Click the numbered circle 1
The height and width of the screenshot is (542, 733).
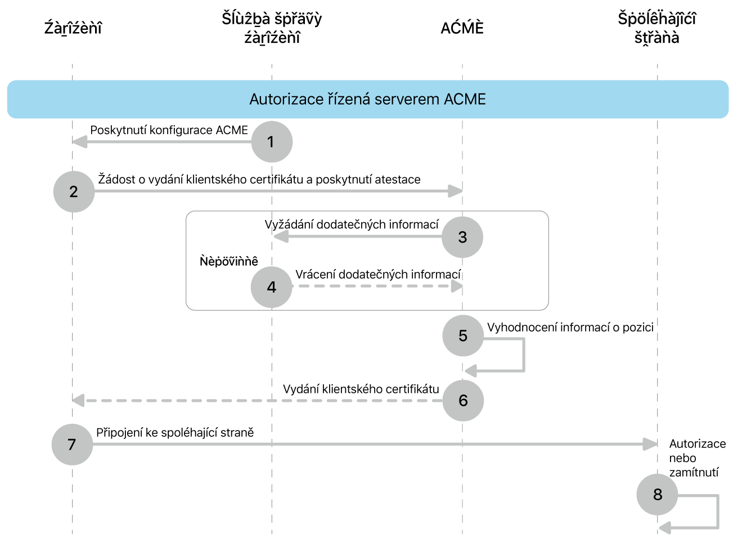pos(272,141)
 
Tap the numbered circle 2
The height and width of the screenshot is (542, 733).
pos(74,191)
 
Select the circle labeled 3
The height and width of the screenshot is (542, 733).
pos(462,237)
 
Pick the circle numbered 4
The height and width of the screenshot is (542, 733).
pos(272,287)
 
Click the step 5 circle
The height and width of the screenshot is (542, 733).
pos(463,335)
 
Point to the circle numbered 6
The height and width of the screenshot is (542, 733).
pos(463,400)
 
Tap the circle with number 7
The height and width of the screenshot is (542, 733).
pos(72,444)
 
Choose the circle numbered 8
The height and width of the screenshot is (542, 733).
pos(657,494)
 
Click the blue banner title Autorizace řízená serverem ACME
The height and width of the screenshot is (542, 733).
pos(367,99)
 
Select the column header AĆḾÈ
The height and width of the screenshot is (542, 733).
pos(462,28)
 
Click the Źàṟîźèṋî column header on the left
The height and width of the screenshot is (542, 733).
pos(73,28)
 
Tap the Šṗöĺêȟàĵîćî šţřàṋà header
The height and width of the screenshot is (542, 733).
pos(656,28)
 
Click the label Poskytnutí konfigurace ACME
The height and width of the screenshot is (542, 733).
pos(169,130)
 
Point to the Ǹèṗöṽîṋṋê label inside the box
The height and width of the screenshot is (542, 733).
pos(229,261)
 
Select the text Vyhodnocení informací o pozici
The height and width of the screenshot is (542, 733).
pos(570,327)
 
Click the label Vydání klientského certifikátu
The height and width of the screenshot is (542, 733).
pos(361,389)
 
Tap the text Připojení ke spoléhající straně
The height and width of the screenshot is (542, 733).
pos(175,432)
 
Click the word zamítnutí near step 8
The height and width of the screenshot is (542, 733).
pos(694,472)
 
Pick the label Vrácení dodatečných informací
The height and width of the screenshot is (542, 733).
pos(378,274)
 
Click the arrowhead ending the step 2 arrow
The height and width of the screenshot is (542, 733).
pos(455,191)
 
